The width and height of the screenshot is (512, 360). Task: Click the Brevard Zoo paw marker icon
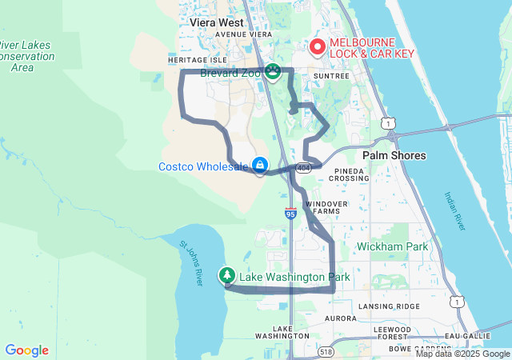[274, 73]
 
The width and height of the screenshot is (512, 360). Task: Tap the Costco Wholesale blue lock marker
[260, 166]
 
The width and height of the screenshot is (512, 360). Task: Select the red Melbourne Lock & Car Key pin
[316, 47]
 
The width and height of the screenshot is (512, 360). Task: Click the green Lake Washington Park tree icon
[228, 277]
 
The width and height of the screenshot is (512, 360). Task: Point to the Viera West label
[217, 23]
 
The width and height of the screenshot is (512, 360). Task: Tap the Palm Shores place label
[394, 155]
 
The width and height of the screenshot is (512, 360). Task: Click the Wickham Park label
[392, 246]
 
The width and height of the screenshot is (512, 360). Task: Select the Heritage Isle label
[198, 60]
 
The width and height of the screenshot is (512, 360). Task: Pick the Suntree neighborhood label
[332, 76]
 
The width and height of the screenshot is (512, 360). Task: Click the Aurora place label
[340, 318]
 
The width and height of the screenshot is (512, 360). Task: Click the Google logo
[26, 350]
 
